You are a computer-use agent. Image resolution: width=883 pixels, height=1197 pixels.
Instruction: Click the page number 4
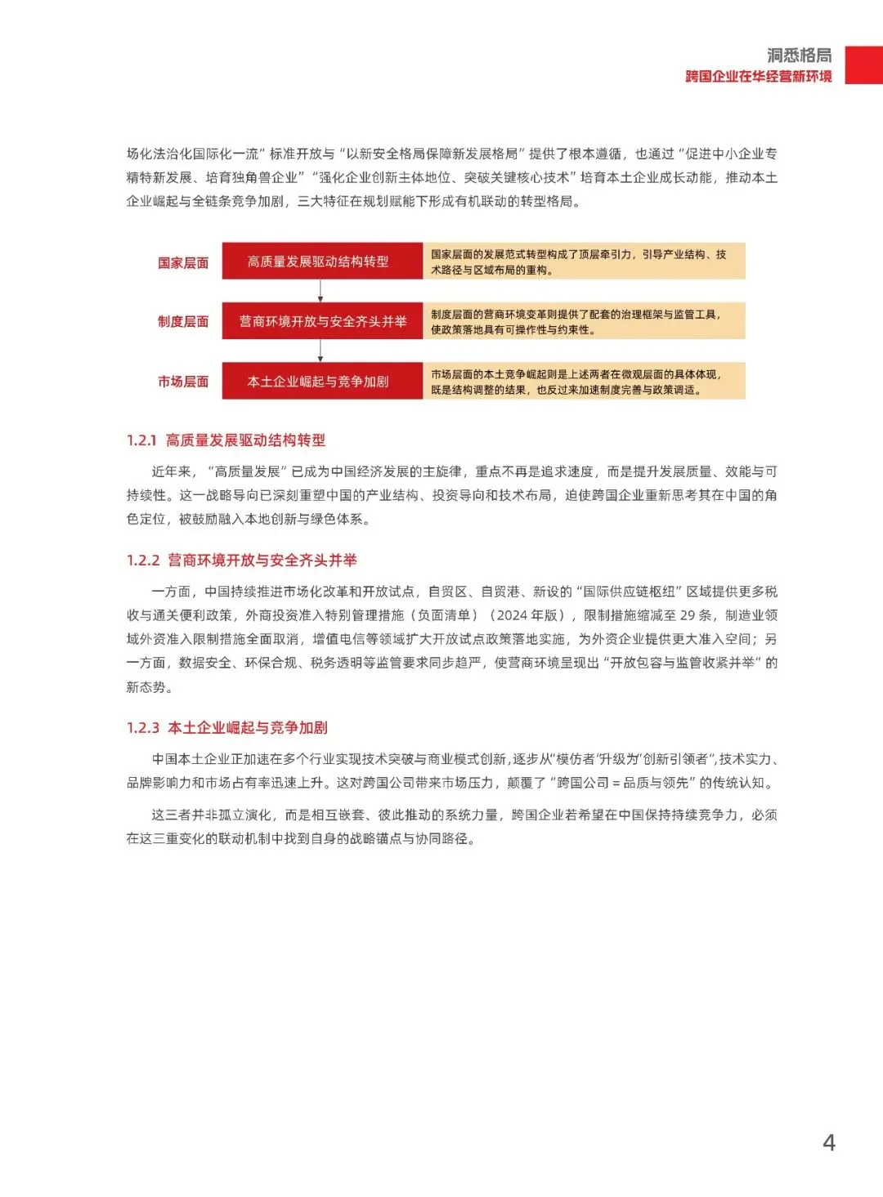(x=828, y=1142)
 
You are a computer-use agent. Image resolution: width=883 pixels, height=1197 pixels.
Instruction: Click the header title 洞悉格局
(x=799, y=55)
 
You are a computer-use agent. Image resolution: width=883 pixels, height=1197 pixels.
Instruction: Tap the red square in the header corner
(x=863, y=65)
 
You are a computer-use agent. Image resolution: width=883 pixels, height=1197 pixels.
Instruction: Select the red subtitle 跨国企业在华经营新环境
(x=758, y=76)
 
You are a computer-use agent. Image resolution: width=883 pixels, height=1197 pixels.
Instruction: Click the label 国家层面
(x=183, y=262)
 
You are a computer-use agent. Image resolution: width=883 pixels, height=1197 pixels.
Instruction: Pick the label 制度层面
(x=183, y=322)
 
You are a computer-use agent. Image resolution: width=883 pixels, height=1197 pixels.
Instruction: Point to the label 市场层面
(x=183, y=382)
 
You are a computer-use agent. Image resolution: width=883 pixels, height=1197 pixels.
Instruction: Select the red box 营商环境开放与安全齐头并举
(x=321, y=321)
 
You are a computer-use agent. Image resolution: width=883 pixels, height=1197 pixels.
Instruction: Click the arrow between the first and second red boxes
(x=320, y=291)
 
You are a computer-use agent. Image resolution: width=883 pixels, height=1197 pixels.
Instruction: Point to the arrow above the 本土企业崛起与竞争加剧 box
(x=320, y=351)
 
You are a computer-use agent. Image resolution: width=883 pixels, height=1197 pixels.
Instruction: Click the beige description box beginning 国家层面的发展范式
(x=583, y=261)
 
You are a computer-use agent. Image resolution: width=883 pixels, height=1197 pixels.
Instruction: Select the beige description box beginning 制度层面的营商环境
(x=583, y=321)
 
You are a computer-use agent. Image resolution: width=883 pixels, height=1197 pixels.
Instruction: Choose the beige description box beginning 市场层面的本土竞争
(x=583, y=381)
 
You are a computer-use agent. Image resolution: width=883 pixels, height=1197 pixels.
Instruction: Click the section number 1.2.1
(x=141, y=440)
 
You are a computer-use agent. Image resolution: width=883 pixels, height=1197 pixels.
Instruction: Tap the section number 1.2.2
(x=142, y=561)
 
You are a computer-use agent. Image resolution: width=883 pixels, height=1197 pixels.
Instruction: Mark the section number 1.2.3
(x=142, y=728)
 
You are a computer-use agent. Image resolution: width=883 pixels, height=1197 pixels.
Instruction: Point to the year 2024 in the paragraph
(x=513, y=615)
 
